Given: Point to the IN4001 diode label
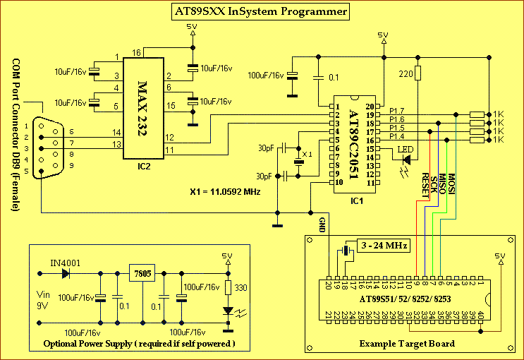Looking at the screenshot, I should coord(64,263).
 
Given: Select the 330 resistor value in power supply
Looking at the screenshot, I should coord(240,287).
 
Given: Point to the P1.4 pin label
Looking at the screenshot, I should coord(396,137).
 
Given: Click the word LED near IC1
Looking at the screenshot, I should coord(406,148).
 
